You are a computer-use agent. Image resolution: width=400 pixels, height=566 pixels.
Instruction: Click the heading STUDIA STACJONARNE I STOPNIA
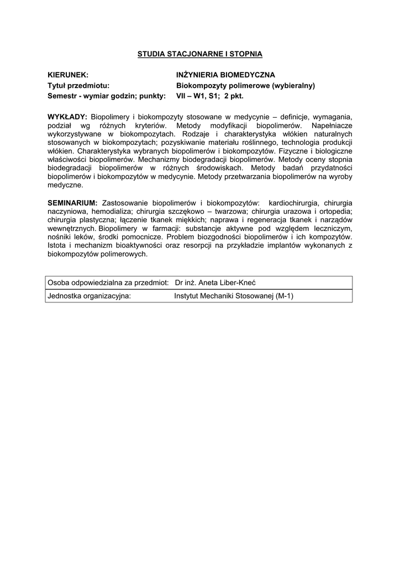coord(199,54)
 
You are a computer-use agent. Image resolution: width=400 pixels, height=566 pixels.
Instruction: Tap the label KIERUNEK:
coord(68,75)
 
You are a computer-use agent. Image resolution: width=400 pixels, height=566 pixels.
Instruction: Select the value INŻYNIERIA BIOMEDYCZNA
coord(225,75)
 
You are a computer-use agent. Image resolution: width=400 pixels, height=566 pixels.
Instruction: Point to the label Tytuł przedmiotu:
coord(78,85)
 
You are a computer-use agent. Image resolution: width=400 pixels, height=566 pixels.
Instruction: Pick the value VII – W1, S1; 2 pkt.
coord(209,96)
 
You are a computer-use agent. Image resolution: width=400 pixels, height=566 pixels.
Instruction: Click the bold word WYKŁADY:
coord(67,117)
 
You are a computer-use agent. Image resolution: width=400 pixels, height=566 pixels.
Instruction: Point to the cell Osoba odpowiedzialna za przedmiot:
coord(108,282)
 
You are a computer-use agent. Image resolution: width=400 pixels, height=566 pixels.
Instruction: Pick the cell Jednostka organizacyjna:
coord(90,296)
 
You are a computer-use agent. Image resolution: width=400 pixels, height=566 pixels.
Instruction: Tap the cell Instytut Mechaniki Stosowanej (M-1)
coord(234,296)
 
